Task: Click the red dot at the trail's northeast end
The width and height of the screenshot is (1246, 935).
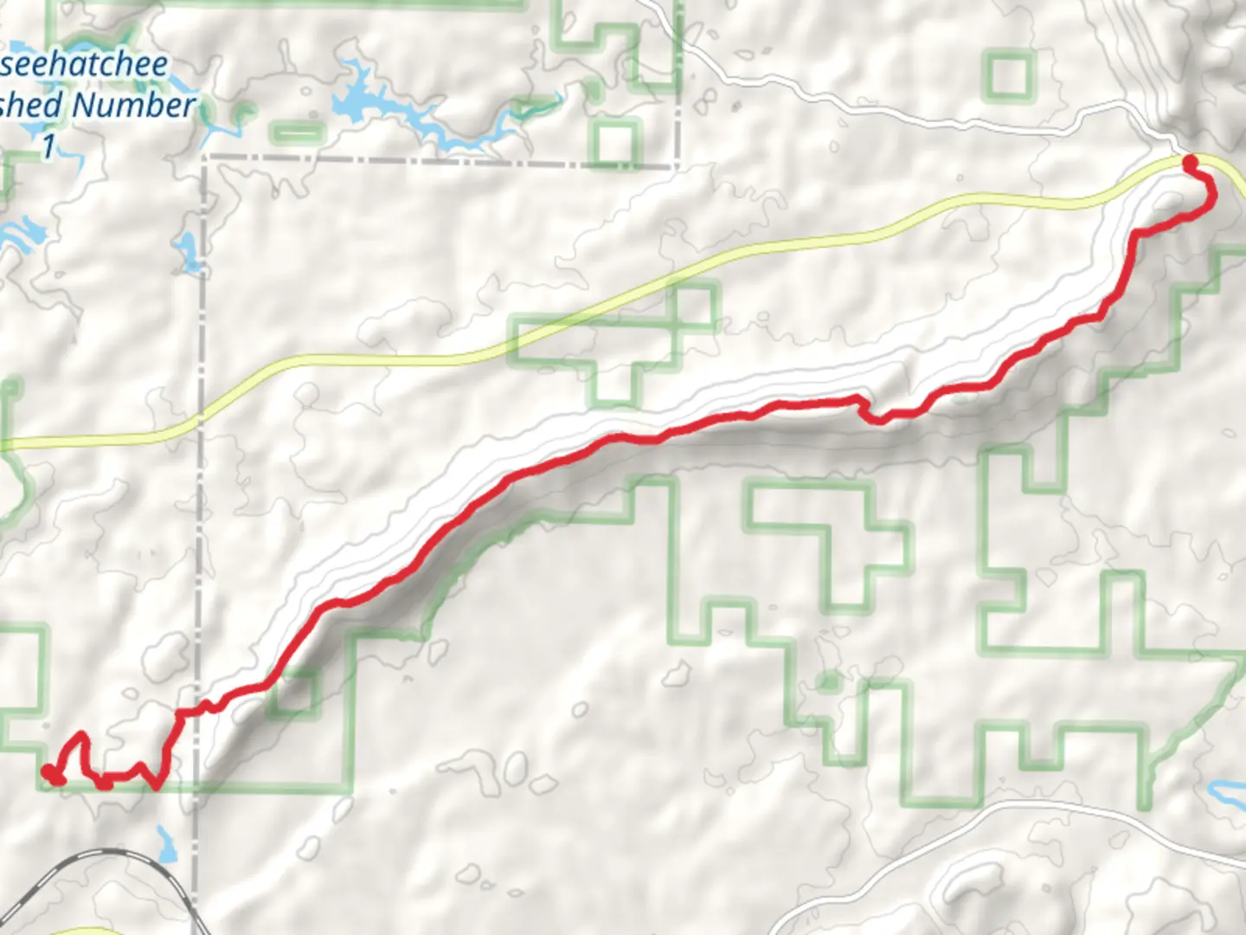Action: click(x=1191, y=162)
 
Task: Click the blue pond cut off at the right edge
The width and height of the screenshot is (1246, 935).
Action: click(x=1229, y=790)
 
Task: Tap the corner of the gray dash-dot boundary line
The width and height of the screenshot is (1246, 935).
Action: click(x=206, y=158)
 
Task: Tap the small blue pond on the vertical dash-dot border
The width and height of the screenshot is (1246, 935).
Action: click(x=186, y=251)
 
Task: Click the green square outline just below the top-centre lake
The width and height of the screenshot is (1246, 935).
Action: click(x=614, y=143)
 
